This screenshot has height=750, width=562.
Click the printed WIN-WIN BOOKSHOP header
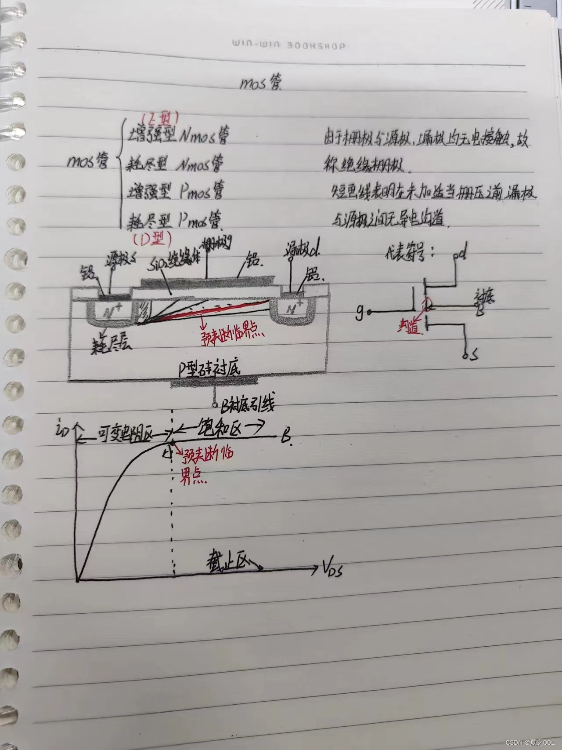click(288, 45)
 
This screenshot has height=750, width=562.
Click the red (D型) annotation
click(152, 238)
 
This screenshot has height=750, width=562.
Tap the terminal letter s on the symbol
click(473, 356)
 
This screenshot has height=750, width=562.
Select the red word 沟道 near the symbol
click(409, 328)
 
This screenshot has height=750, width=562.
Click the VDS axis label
click(332, 570)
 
